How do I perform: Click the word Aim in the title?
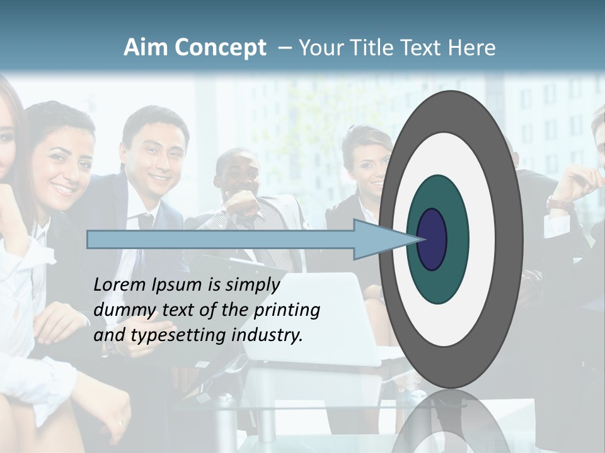click(x=146, y=48)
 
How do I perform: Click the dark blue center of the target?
click(x=432, y=239)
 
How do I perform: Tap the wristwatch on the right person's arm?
click(x=560, y=204)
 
